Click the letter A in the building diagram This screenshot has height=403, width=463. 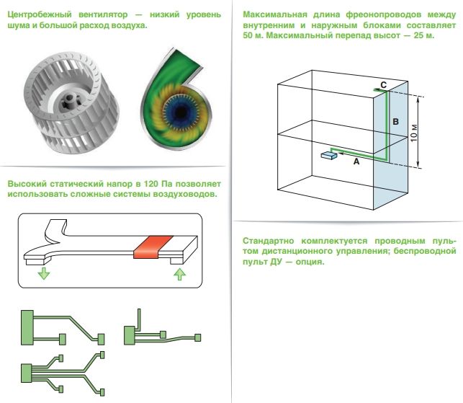point(355,164)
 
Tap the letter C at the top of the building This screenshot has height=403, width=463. point(384,84)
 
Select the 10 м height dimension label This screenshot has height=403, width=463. point(414,132)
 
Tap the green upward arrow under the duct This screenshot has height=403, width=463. point(180,274)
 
